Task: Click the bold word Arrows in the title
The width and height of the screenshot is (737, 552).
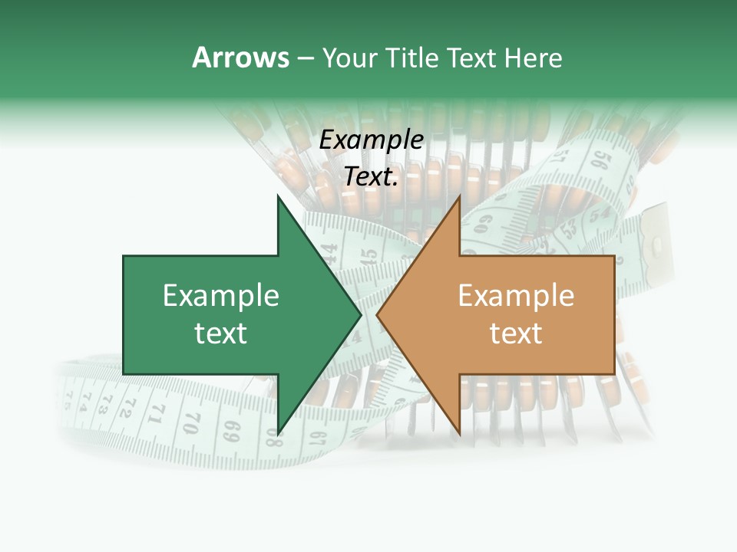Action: pyautogui.click(x=240, y=58)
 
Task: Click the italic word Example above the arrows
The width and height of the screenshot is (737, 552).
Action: pyautogui.click(x=372, y=140)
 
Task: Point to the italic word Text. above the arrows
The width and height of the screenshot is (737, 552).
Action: pyautogui.click(x=372, y=177)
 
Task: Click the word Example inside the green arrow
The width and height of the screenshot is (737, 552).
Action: pyautogui.click(x=221, y=296)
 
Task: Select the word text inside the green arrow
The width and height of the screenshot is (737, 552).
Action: pyautogui.click(x=221, y=333)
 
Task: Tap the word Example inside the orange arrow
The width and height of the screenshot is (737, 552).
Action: pyautogui.click(x=516, y=296)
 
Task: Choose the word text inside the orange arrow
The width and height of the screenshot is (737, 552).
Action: pyautogui.click(x=516, y=333)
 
